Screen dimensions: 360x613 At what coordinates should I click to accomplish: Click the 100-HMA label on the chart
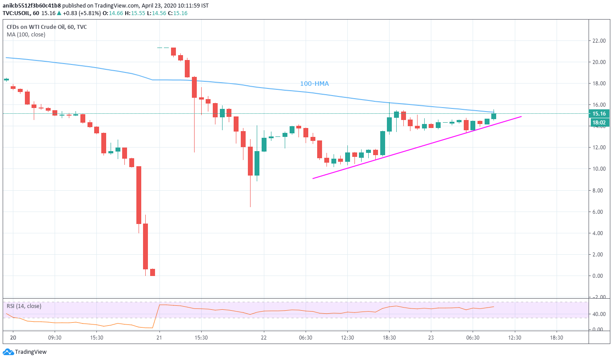coord(314,84)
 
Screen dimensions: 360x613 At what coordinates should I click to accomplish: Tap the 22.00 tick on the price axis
coord(600,41)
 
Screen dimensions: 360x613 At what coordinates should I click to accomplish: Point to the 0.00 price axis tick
coord(600,276)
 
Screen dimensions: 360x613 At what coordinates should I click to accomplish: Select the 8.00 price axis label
coord(600,191)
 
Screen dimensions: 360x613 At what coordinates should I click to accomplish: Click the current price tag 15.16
coord(600,113)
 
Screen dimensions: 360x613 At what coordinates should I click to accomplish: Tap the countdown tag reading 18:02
coord(600,122)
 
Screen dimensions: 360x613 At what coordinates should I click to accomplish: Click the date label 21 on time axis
coord(159,338)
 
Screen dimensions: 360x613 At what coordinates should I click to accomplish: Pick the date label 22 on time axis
coord(264,338)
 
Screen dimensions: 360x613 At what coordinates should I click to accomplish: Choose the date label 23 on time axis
coord(431,338)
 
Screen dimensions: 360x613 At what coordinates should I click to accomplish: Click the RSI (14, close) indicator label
coord(24,306)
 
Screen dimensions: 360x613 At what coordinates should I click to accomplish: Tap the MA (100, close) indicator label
coord(26,34)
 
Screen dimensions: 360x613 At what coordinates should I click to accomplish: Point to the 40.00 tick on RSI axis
coord(600,314)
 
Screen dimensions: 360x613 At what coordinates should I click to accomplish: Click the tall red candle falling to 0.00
coord(145,246)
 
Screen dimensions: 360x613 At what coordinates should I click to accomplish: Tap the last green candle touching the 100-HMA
coord(494,116)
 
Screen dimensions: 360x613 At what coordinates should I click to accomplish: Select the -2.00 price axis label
coord(600,297)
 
